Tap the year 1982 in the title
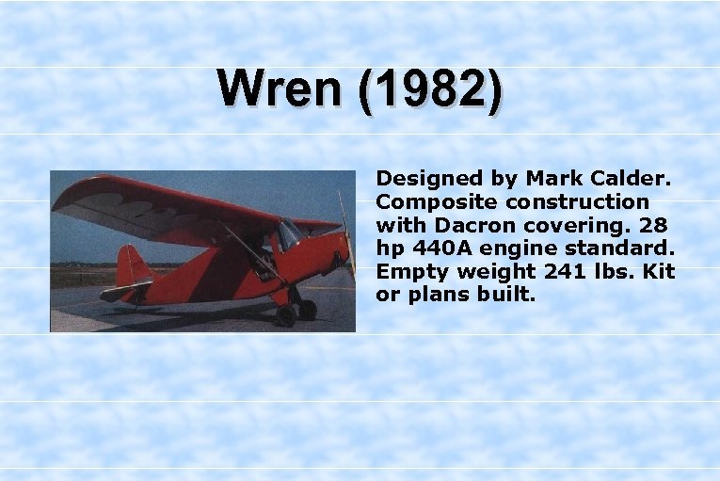click(432, 89)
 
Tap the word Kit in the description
click(659, 272)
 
